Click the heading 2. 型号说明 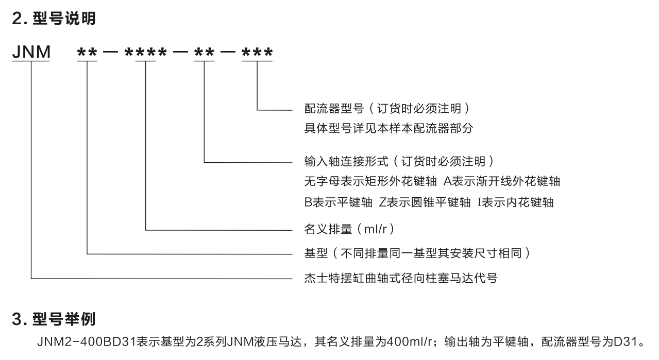(54, 20)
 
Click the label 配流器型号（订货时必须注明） (386, 109)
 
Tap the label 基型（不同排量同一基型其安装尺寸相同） (417, 253)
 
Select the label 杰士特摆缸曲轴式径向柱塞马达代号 (401, 279)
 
